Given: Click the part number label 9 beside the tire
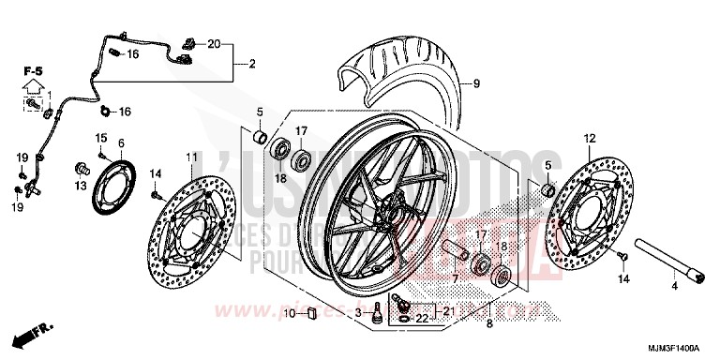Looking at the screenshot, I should pyautogui.click(x=475, y=84).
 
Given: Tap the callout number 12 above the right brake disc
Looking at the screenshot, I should pyautogui.click(x=590, y=139).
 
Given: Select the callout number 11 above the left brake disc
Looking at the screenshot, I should pyautogui.click(x=191, y=156).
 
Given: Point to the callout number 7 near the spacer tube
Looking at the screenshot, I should pyautogui.click(x=455, y=279).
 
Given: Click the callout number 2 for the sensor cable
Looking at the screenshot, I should pyautogui.click(x=252, y=64).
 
